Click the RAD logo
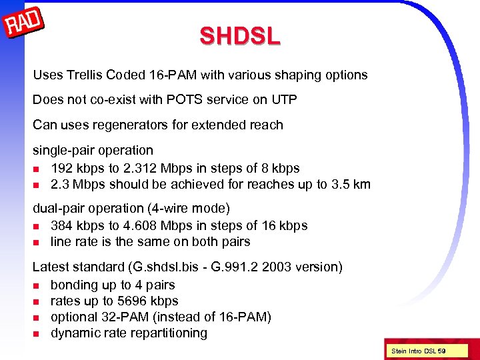tap(25, 25)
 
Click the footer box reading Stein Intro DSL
tap(418, 351)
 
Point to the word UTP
tap(283, 99)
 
